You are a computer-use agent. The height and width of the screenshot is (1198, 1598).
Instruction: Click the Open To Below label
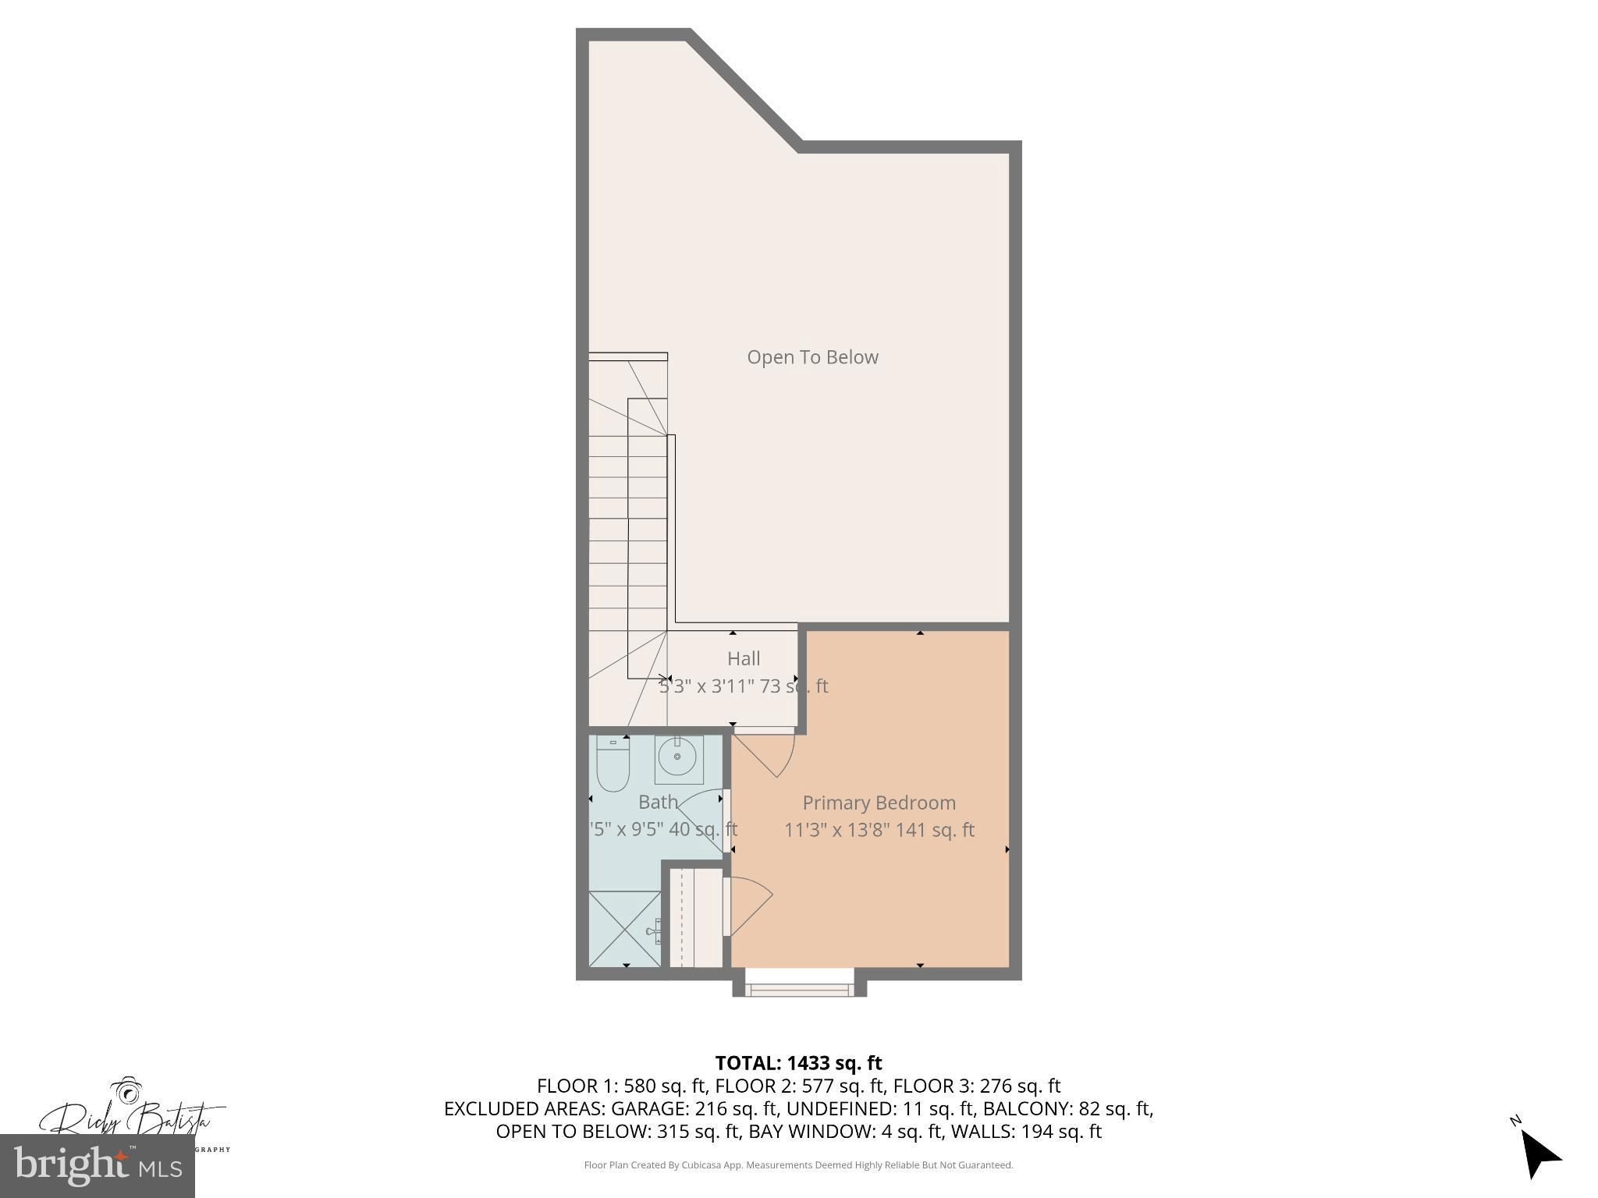(812, 357)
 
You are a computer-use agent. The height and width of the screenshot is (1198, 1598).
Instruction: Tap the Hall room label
(744, 658)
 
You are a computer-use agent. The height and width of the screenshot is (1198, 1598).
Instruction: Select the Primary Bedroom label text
(879, 803)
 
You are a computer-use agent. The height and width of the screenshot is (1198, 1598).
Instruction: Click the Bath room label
(658, 802)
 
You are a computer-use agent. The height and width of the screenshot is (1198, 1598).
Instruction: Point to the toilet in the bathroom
(613, 764)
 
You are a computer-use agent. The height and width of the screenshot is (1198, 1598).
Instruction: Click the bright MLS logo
(98, 1165)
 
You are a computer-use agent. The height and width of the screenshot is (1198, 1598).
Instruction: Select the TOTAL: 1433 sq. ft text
(798, 1062)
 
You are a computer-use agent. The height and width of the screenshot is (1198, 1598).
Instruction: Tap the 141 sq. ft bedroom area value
(934, 830)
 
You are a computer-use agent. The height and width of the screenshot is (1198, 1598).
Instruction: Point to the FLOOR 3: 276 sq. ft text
(976, 1086)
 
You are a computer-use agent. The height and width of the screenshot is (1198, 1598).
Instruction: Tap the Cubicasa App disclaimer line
(798, 1165)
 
